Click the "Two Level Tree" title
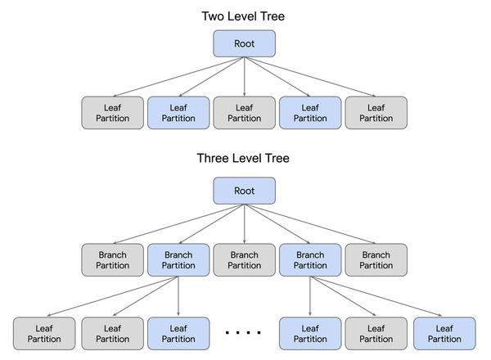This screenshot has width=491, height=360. pyautogui.click(x=243, y=16)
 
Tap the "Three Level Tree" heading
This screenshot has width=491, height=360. pyautogui.click(x=243, y=158)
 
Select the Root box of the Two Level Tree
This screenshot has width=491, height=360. pyautogui.click(x=244, y=43)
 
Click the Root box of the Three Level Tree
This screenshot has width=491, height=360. pyautogui.click(x=244, y=191)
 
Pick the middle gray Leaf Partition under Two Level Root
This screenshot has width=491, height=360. pyautogui.click(x=244, y=113)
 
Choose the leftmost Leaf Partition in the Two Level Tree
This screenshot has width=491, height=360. pyautogui.click(x=112, y=113)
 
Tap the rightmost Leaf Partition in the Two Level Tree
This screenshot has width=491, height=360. pyautogui.click(x=376, y=113)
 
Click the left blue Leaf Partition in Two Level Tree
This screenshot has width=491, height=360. pyautogui.click(x=178, y=113)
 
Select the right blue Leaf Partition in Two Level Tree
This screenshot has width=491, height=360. pyautogui.click(x=310, y=113)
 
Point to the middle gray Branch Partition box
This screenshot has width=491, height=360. pyautogui.click(x=244, y=260)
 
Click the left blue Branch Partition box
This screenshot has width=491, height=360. pyautogui.click(x=178, y=260)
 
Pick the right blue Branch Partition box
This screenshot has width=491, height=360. pyautogui.click(x=310, y=260)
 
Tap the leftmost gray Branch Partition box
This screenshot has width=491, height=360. pyautogui.click(x=112, y=260)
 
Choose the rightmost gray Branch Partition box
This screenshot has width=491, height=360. pyautogui.click(x=376, y=260)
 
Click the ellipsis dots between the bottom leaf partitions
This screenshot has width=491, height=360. pyautogui.click(x=243, y=332)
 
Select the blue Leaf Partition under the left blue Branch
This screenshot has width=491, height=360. pyautogui.click(x=178, y=333)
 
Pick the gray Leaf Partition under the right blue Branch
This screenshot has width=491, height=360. pyautogui.click(x=376, y=333)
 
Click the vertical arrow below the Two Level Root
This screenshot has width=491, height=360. pyautogui.click(x=244, y=77)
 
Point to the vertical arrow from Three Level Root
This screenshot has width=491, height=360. pyautogui.click(x=244, y=224)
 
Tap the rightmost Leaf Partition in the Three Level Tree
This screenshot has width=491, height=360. pyautogui.click(x=444, y=333)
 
